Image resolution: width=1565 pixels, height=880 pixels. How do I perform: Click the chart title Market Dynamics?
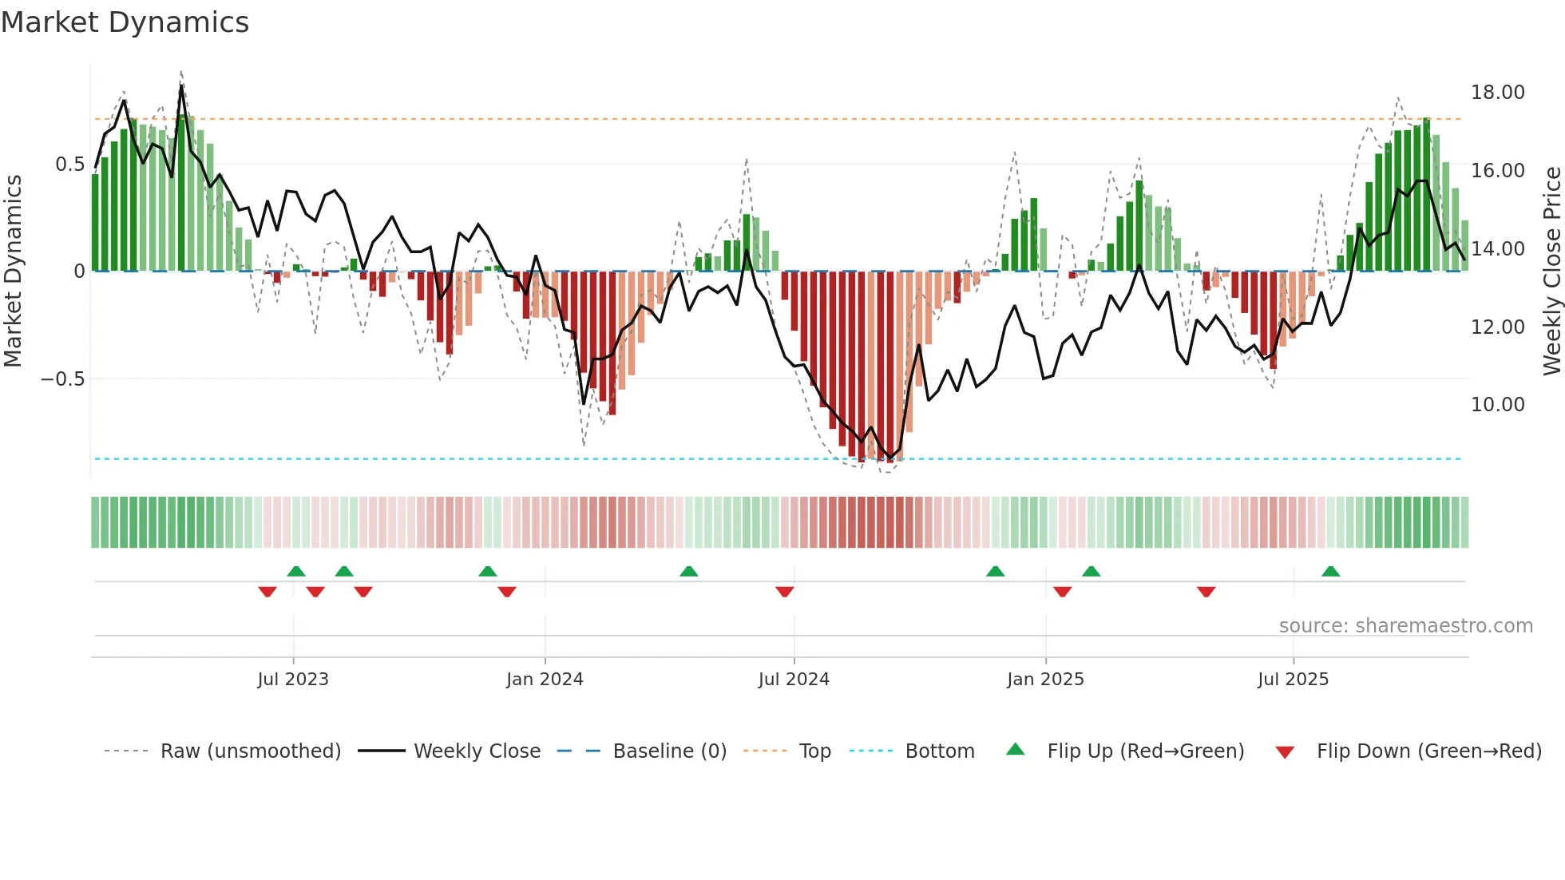[x=125, y=22]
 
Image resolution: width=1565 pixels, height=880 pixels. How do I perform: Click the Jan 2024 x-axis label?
[x=545, y=680]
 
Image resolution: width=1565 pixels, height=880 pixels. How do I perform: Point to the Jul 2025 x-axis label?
[x=1293, y=680]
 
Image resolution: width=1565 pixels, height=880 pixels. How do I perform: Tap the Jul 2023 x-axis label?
[x=293, y=680]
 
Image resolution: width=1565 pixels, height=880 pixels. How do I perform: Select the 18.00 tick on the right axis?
[x=1497, y=93]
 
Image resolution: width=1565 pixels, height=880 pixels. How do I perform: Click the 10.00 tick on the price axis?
[x=1497, y=405]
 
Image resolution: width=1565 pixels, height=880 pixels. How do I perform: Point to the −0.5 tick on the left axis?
[x=63, y=379]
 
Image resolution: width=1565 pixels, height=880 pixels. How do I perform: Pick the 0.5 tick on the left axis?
[x=69, y=165]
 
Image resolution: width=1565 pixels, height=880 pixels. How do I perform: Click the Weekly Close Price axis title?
[x=1551, y=271]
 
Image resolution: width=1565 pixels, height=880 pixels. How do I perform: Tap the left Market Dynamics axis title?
[x=13, y=271]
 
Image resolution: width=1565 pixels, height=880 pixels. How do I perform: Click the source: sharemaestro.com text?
[x=1405, y=626]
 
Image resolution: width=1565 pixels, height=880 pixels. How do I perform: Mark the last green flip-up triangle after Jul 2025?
[x=1330, y=572]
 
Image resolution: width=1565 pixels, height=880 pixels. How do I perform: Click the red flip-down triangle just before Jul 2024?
[x=784, y=592]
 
